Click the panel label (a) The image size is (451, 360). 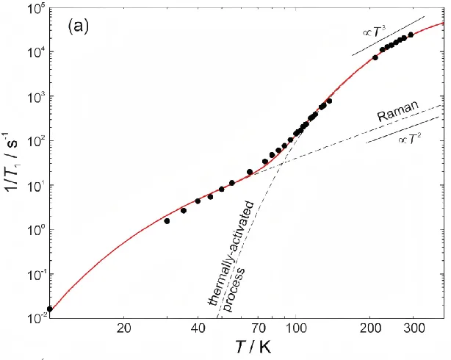79,26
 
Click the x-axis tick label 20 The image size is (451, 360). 124,328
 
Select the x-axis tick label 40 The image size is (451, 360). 198,328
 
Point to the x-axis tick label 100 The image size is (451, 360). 296,328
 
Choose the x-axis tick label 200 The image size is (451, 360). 370,328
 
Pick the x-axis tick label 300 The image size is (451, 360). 414,328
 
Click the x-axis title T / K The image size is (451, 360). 253,347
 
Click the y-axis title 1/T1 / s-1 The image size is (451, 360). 10,162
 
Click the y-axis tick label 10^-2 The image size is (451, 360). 36,319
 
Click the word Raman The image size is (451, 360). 398,111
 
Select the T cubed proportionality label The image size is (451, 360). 374,31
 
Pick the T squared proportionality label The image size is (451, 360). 409,140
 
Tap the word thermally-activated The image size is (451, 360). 231,253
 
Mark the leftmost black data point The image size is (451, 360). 50,309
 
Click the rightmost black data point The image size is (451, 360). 411,35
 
